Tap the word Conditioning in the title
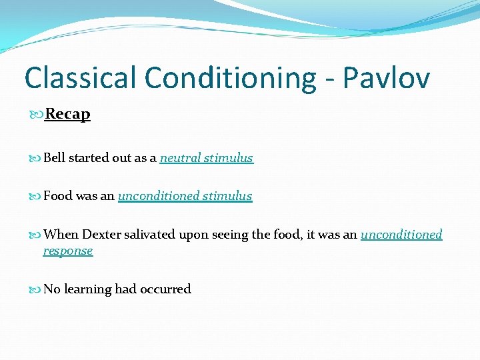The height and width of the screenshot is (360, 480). pos(231,79)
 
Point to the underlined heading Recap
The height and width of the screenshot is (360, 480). pos(67,114)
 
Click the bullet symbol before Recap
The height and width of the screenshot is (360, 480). pos(37,115)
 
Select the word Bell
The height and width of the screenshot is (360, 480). pos(54,158)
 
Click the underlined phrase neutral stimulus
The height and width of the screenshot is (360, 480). pos(206,158)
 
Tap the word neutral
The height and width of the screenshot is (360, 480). pos(180,158)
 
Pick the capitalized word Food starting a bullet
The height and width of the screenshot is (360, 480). pos(57,196)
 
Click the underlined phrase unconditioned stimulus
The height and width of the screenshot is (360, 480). pos(185,196)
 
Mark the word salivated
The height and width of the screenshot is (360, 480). pos(145,235)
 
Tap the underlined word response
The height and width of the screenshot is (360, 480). pos(68,251)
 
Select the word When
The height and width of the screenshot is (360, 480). pos(61,235)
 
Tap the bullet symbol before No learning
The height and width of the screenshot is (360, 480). pos(36,290)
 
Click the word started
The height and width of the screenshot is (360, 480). pos(89,158)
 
